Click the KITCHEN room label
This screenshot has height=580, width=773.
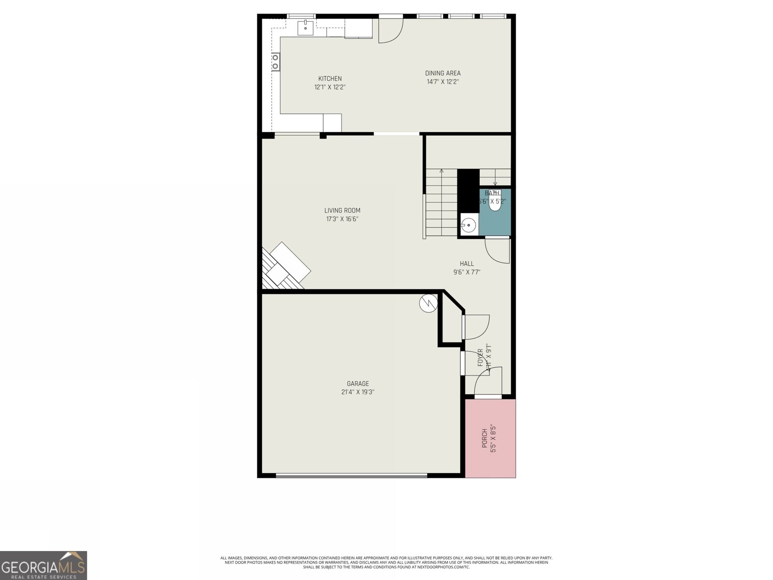tap(330, 78)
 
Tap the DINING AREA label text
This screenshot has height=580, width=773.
tap(443, 73)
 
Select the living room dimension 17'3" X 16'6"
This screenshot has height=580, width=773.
tap(342, 219)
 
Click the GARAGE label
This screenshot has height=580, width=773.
tap(358, 383)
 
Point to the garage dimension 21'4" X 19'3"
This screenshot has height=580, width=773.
tap(358, 392)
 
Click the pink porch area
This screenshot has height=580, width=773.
tap(490, 438)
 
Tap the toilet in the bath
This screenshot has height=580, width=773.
tap(495, 202)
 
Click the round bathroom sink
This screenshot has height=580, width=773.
tap(468, 225)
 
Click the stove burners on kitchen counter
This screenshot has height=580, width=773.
tap(275, 62)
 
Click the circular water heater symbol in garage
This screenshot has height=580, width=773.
tap(428, 303)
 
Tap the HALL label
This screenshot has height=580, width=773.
tap(467, 263)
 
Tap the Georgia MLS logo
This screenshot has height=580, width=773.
tap(43, 565)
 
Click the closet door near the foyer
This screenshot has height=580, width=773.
tap(476, 326)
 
